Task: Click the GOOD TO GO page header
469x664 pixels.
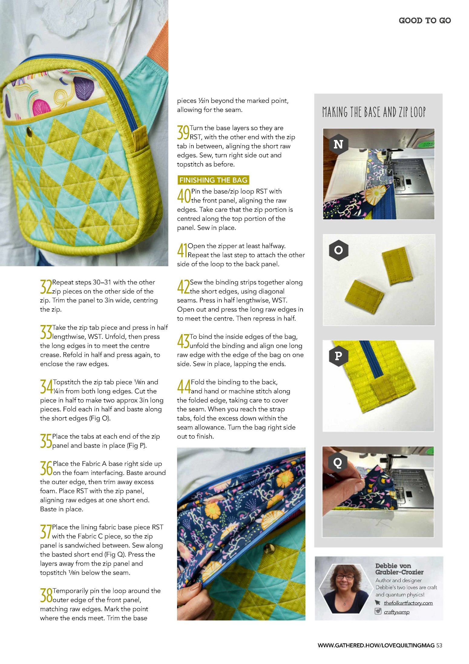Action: click(x=425, y=21)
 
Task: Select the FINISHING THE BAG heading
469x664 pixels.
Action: click(x=213, y=180)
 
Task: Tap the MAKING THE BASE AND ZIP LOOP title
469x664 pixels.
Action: click(x=374, y=112)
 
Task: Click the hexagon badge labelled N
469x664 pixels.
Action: click(x=338, y=144)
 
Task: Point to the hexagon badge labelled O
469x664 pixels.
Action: click(x=338, y=250)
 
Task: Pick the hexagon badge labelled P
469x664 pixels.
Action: click(x=338, y=356)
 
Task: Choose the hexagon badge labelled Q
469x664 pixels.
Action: click(x=338, y=463)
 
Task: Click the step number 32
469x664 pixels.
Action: click(x=46, y=287)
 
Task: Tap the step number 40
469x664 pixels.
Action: click(x=184, y=196)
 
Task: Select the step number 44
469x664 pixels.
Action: click(x=184, y=387)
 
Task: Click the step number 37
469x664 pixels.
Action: click(x=46, y=532)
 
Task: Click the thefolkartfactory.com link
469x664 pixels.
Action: click(x=408, y=603)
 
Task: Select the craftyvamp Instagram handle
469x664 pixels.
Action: click(x=396, y=612)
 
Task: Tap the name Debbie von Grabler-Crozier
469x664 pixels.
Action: click(x=399, y=569)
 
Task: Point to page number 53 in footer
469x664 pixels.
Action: click(x=439, y=645)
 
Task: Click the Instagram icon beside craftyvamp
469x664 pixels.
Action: click(x=378, y=611)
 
